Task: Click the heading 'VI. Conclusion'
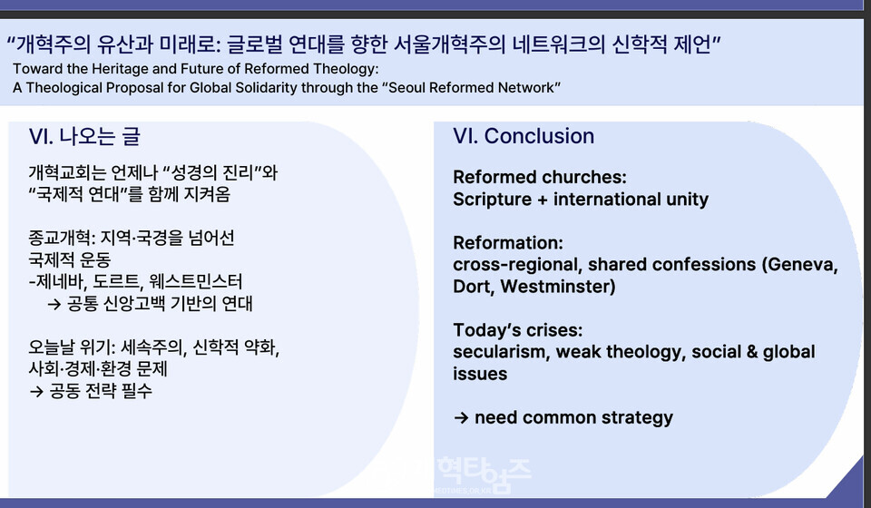(x=524, y=136)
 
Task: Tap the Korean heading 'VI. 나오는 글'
(x=84, y=136)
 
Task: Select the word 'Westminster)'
(x=558, y=287)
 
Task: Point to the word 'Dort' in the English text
(x=474, y=287)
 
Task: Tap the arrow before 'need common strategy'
(x=461, y=417)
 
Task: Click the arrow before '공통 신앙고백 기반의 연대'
(x=54, y=304)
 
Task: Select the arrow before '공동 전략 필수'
(x=36, y=391)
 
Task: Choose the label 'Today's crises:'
(x=518, y=330)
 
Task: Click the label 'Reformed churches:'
(x=539, y=177)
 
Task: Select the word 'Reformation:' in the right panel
(x=508, y=242)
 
